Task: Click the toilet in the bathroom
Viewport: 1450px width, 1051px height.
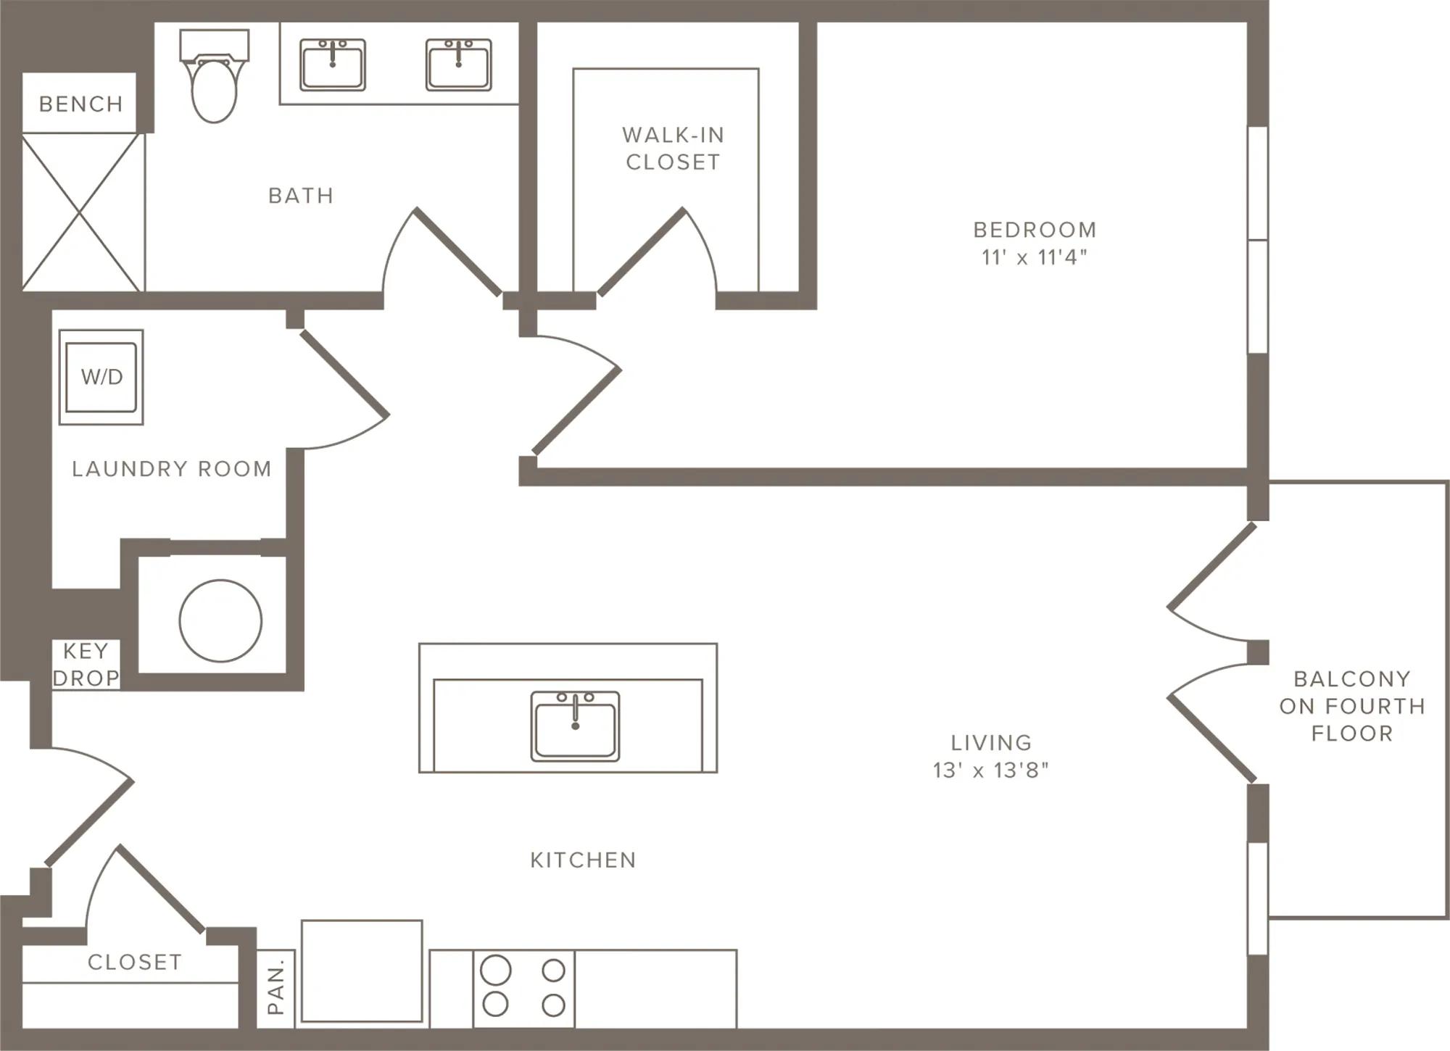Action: [x=214, y=75]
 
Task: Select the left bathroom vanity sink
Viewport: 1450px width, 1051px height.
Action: [x=333, y=65]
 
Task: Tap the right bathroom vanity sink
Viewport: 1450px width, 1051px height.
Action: [x=458, y=65]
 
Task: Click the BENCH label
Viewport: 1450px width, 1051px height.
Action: [x=80, y=104]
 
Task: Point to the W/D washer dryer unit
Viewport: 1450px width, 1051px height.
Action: [x=101, y=377]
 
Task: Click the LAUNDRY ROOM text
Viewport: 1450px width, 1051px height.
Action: [x=172, y=469]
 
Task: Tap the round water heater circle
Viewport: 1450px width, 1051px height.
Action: [x=220, y=620]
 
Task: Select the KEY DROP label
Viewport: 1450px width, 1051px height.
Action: [x=86, y=665]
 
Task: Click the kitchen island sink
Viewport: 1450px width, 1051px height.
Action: [x=575, y=726]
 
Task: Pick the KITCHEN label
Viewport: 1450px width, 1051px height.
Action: [x=583, y=860]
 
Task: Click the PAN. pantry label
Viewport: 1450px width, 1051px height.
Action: [x=275, y=987]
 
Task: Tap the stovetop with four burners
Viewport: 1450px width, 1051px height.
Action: [x=523, y=988]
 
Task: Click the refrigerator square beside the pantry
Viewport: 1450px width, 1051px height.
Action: [x=362, y=971]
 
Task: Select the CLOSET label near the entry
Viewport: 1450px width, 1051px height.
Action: [x=134, y=962]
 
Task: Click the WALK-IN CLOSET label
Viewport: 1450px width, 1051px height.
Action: [x=674, y=149]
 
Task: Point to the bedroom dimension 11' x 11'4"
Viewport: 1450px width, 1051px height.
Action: [x=1035, y=257]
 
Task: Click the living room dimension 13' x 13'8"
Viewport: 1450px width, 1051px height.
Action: [x=991, y=770]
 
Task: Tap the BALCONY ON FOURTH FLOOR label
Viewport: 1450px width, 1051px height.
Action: [x=1352, y=706]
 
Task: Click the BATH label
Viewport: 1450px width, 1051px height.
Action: [x=301, y=196]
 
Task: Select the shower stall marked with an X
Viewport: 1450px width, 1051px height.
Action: [x=81, y=212]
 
